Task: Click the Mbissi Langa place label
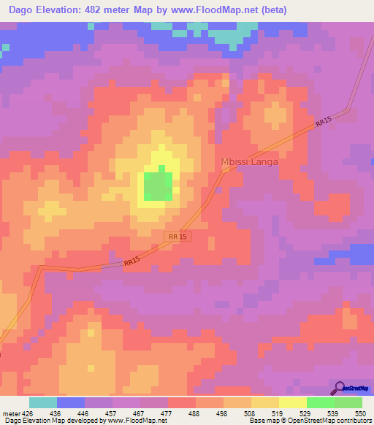(249, 162)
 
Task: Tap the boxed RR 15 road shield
(178, 237)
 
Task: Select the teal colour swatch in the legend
(43, 402)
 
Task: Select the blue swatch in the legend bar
(71, 402)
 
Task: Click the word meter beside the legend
(9, 413)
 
